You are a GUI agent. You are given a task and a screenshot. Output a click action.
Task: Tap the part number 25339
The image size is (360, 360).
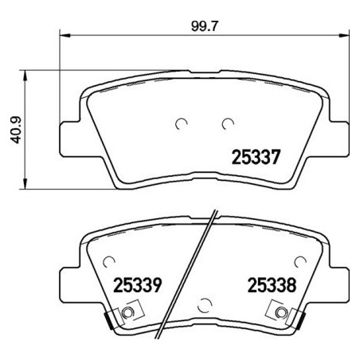137,284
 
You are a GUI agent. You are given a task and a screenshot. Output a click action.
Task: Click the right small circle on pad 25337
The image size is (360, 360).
228,123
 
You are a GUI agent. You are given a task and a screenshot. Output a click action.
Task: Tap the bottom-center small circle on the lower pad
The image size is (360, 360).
205,303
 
